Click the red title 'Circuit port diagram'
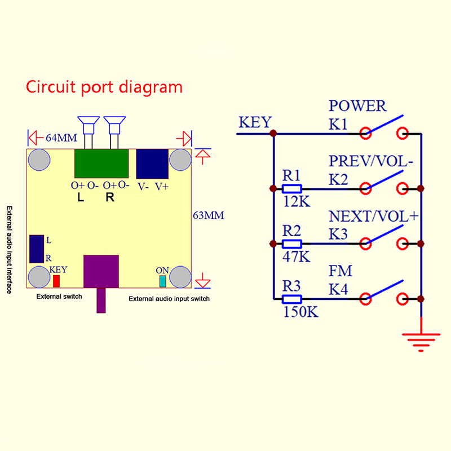104,88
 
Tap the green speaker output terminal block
102,163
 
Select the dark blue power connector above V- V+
152,164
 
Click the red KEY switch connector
56,281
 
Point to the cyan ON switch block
163,281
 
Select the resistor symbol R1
292,189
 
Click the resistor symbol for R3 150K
292,299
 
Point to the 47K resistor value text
296,257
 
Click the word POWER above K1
357,106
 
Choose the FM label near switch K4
341,272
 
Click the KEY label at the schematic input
255,123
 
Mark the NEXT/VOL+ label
373,216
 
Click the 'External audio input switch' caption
169,299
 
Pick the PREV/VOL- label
371,161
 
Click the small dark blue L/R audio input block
37,249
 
